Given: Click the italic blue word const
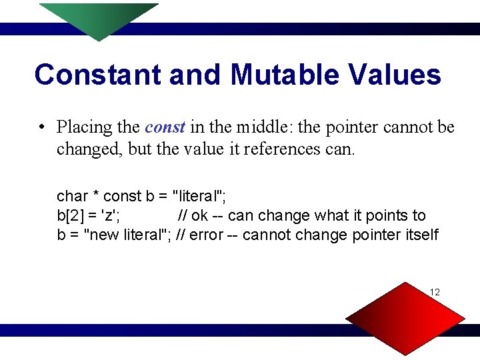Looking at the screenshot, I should click(165, 127).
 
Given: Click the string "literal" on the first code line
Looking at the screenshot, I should click(201, 196).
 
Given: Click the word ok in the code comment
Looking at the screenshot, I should click(200, 216).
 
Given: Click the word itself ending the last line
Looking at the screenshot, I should click(421, 235).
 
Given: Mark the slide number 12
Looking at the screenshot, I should click(435, 293).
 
